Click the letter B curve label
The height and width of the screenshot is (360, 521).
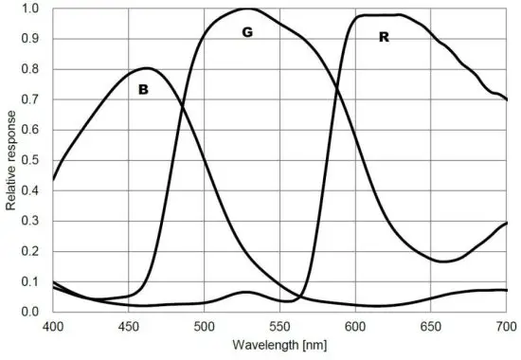pos(144,90)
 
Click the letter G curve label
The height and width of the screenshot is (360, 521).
pos(247,32)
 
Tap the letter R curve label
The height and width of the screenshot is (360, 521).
pos(384,38)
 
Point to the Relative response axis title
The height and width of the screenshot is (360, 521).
pos(11,159)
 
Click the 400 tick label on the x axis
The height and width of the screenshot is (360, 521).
pos(53,326)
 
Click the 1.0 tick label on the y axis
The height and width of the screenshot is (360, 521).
pos(32,9)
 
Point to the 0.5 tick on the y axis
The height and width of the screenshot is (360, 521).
pos(32,160)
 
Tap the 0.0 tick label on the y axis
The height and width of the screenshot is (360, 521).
pos(32,312)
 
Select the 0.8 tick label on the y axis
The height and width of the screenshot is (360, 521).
pos(32,69)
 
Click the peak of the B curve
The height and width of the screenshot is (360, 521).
pos(147,67)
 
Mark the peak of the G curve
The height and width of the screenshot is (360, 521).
pos(247,9)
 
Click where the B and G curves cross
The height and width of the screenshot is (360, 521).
pos(181,107)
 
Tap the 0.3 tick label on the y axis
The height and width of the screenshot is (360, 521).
pos(32,221)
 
